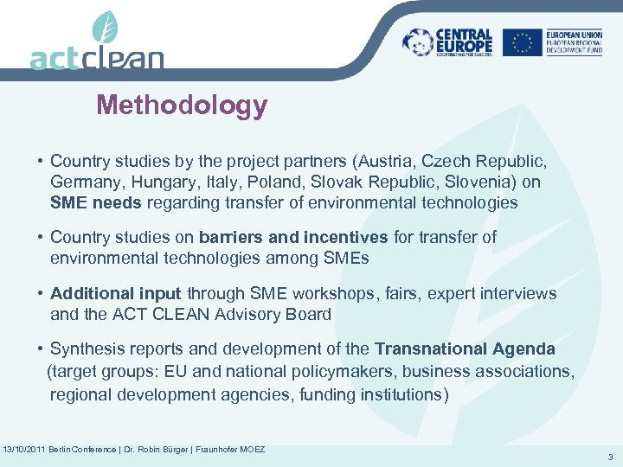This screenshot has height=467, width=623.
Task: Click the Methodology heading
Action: [x=182, y=106]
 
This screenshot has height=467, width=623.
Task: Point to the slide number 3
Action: [x=612, y=457]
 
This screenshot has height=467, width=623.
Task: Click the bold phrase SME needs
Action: [x=96, y=203]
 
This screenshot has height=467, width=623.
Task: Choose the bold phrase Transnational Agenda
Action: [x=465, y=349]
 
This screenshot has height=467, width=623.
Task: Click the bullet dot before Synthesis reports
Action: [x=41, y=349]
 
